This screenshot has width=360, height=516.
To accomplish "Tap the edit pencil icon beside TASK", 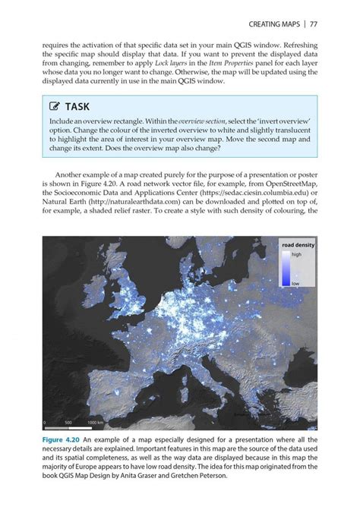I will (x=55, y=107).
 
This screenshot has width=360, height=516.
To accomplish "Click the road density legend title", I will (x=298, y=246).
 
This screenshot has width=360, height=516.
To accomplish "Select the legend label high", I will (x=296, y=255).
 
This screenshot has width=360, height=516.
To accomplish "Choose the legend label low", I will (x=295, y=282).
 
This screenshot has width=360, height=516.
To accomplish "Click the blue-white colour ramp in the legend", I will (x=285, y=269).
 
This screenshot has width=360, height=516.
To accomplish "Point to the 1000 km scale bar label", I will (x=95, y=422).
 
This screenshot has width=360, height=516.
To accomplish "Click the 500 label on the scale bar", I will (x=68, y=422).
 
